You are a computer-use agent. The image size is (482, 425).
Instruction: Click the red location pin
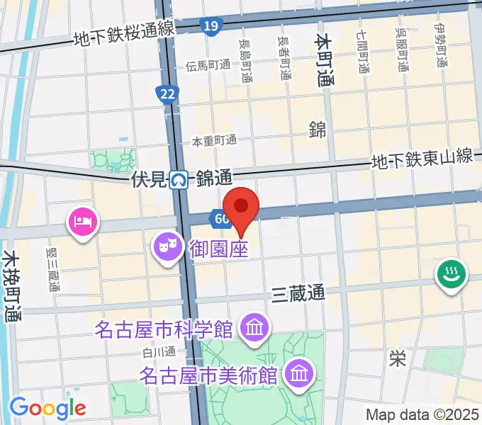point(242,208)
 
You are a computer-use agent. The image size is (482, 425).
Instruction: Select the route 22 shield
point(167,94)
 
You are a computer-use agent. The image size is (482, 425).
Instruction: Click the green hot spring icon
point(449,273)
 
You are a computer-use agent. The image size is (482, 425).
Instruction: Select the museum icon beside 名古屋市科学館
point(253,328)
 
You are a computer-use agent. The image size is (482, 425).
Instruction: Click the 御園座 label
point(218,249)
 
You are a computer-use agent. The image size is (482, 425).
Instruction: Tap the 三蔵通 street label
point(298,293)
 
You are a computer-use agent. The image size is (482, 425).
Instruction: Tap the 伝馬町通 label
point(208,65)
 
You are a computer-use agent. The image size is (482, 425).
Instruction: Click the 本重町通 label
point(214,142)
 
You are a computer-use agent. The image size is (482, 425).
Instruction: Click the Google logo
point(47,408)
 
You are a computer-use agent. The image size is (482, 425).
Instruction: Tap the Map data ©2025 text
point(422,414)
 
